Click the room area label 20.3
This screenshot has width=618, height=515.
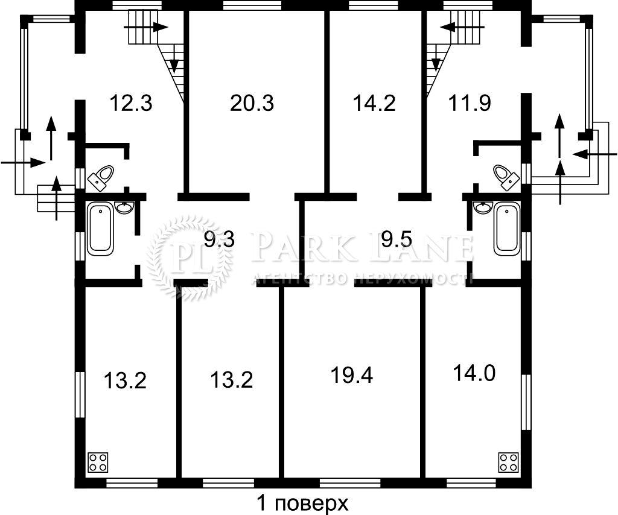coord(252,103)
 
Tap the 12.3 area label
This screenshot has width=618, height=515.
coord(131,103)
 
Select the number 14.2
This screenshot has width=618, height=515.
coord(374,103)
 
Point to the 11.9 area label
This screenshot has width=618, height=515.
coord(470,103)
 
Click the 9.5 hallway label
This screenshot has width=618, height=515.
coord(397,239)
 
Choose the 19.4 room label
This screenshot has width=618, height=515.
coord(352,375)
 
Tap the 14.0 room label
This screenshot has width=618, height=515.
coord(474,373)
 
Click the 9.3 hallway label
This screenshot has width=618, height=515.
coord(220,239)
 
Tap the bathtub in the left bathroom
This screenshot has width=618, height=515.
coord(100,229)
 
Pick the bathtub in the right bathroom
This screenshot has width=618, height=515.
coord(506,229)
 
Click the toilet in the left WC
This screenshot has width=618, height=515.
coord(101,177)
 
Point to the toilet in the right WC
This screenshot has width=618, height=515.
coord(506,177)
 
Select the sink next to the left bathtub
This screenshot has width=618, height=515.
coord(126,207)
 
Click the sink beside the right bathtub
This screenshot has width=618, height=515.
coord(482,207)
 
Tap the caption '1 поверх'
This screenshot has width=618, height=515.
coord(303,503)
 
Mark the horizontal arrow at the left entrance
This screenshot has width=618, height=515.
coord(23,162)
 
